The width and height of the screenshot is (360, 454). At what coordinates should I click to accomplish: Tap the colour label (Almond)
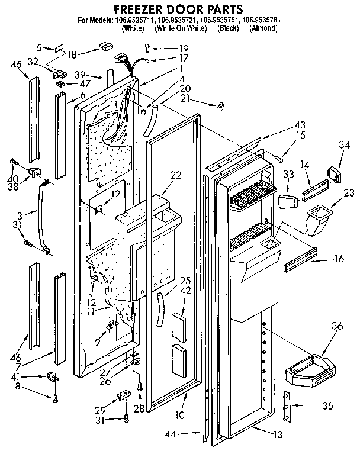[x=263, y=28]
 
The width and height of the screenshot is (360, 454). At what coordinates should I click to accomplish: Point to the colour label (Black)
[x=228, y=28]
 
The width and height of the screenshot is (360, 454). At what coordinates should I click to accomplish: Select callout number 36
[x=337, y=324]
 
